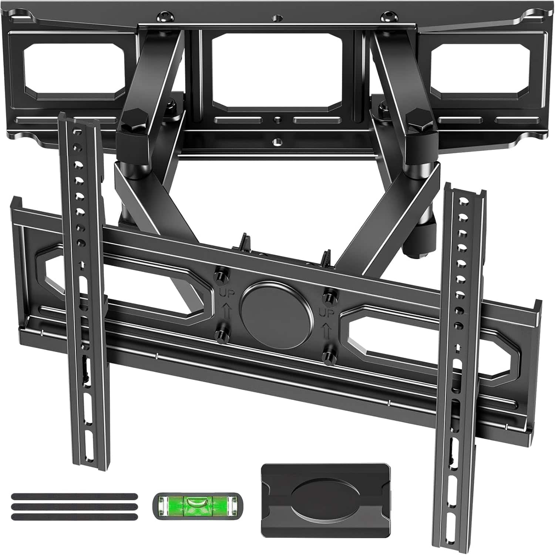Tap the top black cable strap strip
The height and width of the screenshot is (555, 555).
[x=74, y=497]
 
